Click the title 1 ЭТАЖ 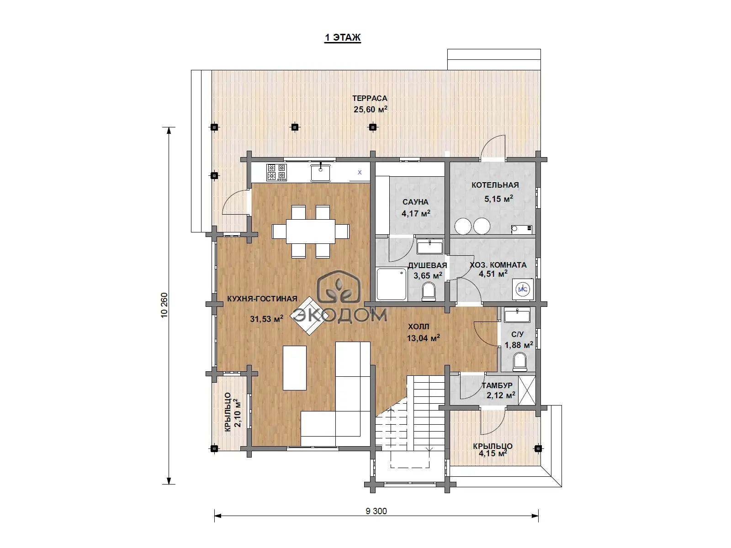343,37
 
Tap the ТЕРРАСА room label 370,99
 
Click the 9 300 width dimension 376,511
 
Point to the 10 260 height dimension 164,305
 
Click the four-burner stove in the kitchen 276,172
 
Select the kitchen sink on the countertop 320,172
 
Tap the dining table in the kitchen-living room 311,231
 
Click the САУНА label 415,202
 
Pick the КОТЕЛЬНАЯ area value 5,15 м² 498,199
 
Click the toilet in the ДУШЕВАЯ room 429,292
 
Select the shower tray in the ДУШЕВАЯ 391,285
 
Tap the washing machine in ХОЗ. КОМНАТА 523,289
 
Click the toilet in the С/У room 520,362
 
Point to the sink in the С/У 517,315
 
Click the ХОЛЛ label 418,327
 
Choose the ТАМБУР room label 497,385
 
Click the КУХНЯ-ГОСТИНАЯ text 262,299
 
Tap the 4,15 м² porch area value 493,453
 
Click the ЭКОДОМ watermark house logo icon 339,286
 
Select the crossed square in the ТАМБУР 527,390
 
